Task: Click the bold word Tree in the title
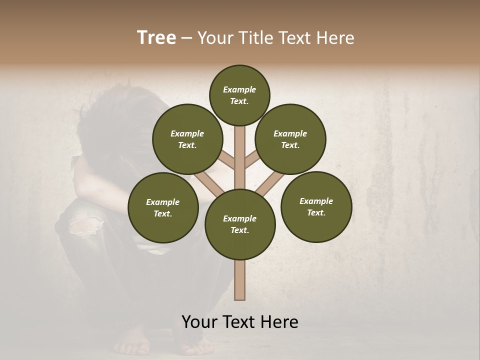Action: tap(156, 38)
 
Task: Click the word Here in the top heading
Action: tap(335, 38)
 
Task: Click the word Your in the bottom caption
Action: tap(200, 322)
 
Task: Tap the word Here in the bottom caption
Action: tap(279, 322)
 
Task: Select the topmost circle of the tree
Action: tap(239, 95)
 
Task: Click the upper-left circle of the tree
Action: tap(187, 139)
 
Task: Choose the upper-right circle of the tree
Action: tap(290, 139)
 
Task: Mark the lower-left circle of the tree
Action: tap(163, 207)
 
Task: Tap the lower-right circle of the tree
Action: tap(316, 206)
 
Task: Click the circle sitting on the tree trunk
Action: tap(240, 224)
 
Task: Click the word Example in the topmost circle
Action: tap(239, 89)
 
